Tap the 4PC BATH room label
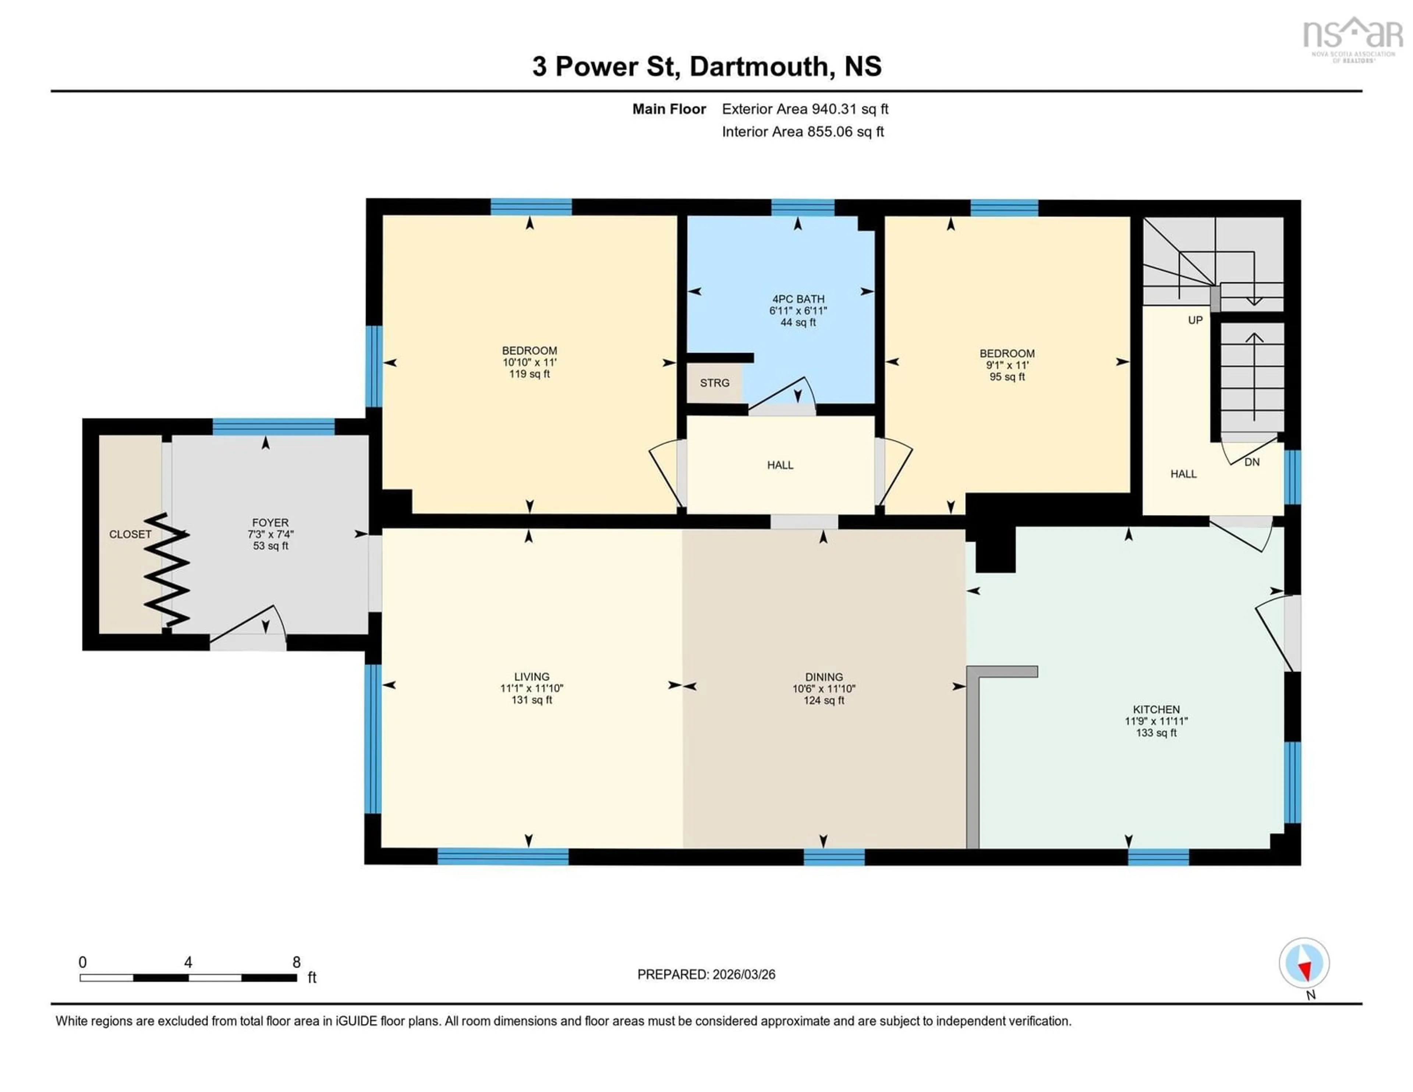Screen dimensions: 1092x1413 click(798, 299)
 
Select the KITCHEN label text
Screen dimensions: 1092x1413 click(1156, 709)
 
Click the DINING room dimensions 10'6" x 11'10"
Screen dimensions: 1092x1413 click(824, 689)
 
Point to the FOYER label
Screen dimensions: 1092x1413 click(270, 522)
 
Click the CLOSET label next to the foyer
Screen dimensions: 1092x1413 click(130, 534)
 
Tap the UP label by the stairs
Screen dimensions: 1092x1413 click(1195, 320)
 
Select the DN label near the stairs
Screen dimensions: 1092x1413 click(1252, 462)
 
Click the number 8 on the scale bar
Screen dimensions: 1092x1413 click(296, 962)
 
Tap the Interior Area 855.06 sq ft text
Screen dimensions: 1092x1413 click(802, 132)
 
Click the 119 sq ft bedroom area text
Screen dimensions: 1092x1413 click(529, 374)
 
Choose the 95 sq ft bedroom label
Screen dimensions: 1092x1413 click(1007, 377)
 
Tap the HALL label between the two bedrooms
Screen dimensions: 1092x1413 click(780, 465)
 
